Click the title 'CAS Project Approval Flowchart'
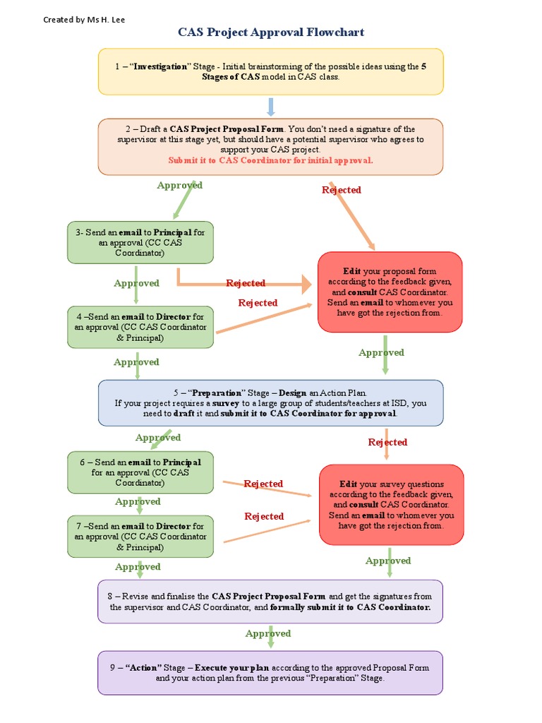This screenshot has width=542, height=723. click(271, 32)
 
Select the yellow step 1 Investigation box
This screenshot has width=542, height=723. click(271, 71)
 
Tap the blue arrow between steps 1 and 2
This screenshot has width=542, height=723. click(271, 107)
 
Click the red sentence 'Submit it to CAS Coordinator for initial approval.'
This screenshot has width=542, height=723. click(271, 160)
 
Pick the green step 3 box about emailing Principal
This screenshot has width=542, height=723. click(140, 242)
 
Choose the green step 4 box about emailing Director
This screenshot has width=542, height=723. click(140, 327)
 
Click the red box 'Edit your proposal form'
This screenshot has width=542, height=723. click(390, 292)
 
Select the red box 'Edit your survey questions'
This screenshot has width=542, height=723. click(391, 504)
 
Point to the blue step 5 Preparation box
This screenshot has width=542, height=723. click(271, 403)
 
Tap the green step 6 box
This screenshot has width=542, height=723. click(140, 472)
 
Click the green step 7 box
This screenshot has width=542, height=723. click(140, 537)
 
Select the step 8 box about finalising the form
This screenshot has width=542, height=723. click(271, 602)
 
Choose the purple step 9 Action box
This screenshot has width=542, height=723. click(271, 672)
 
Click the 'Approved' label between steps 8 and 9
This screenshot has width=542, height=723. click(268, 633)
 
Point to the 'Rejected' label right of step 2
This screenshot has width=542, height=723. click(342, 190)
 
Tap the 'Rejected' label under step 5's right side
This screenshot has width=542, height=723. click(387, 442)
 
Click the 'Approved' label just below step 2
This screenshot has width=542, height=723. click(179, 185)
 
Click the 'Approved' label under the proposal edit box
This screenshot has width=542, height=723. click(381, 352)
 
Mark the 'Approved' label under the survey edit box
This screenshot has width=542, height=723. click(388, 561)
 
